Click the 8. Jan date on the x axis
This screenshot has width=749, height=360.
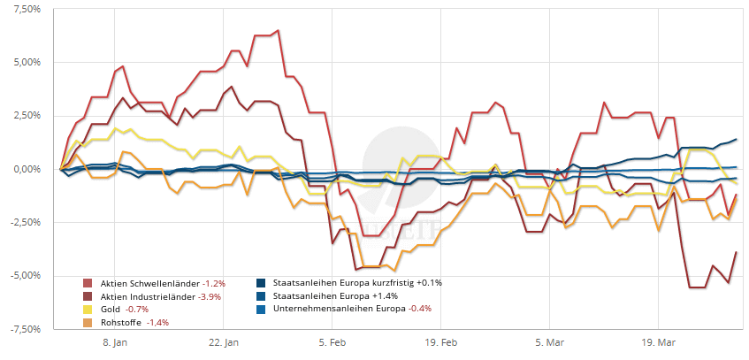coord(116,341)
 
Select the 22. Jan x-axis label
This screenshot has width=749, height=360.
coord(224,341)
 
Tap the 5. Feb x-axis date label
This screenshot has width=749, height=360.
coord(332,341)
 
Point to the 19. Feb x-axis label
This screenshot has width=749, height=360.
coord(440,341)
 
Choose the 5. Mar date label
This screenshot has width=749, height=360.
coord(549,341)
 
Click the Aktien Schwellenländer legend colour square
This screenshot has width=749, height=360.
coord(88,283)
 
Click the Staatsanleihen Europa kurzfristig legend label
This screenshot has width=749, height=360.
coord(340,283)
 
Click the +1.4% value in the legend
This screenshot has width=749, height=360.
coord(386,296)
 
